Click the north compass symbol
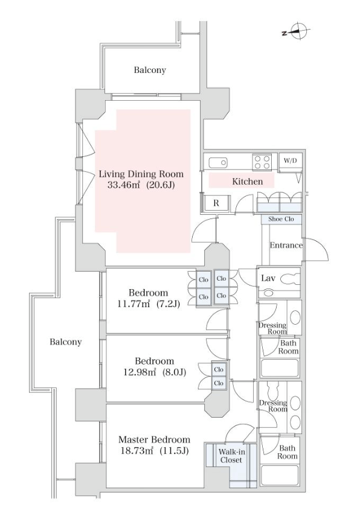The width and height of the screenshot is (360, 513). [297, 32]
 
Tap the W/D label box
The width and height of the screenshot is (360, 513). [290, 161]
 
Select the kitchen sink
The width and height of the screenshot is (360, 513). [218, 162]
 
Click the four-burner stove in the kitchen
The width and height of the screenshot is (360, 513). [262, 162]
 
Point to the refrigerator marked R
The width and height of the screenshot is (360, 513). [216, 203]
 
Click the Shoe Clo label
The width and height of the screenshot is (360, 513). [281, 219]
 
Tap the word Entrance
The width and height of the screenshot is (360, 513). [286, 245]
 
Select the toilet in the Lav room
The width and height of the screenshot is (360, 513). [290, 279]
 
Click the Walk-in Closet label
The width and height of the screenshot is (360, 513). [231, 456]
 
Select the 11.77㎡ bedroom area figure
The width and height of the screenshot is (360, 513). [133, 304]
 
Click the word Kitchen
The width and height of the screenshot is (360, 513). [247, 181]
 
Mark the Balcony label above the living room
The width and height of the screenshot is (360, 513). [150, 70]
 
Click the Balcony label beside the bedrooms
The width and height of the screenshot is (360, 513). [65, 342]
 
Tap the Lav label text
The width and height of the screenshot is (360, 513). [268, 278]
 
